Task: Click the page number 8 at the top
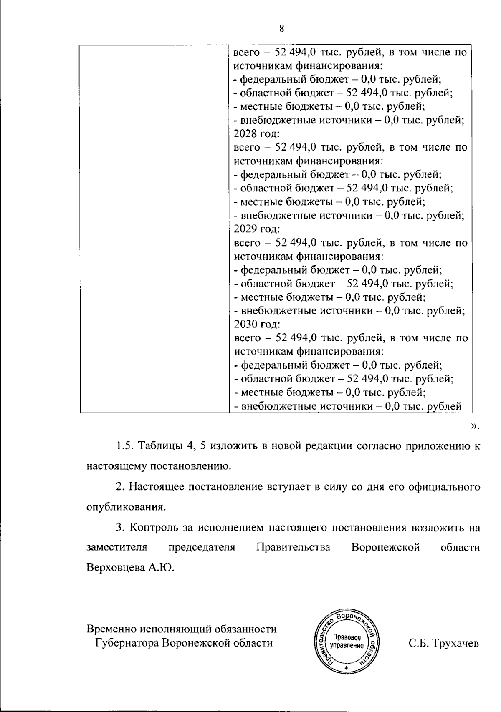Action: click(x=281, y=29)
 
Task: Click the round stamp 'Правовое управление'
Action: click(x=347, y=642)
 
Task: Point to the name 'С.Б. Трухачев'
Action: click(x=443, y=643)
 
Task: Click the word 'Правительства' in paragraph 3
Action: click(x=293, y=547)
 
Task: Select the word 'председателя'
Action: click(x=202, y=547)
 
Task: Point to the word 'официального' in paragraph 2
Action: click(x=445, y=487)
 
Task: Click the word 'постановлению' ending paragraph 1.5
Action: click(x=190, y=466)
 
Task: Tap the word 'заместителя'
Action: click(x=117, y=547)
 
